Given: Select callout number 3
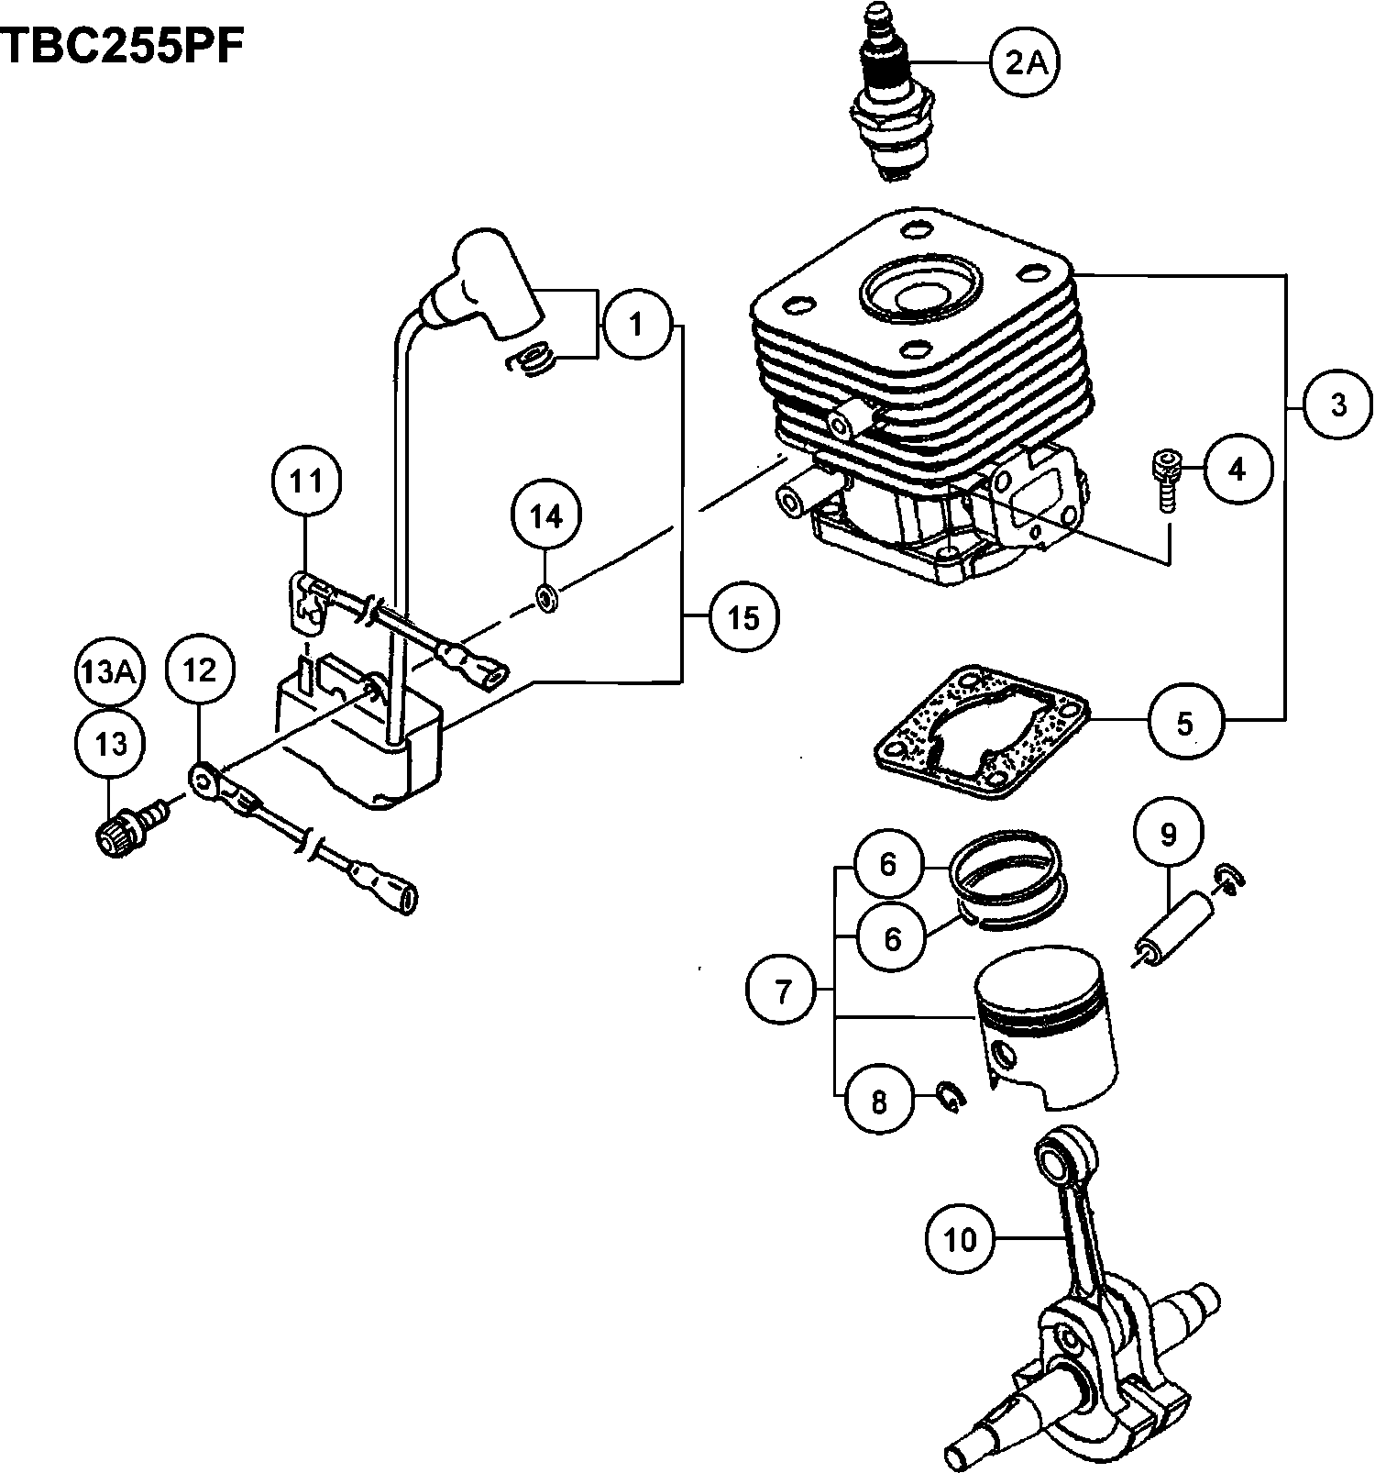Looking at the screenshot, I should pyautogui.click(x=1338, y=404).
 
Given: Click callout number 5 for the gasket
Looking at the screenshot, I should pyautogui.click(x=1184, y=723).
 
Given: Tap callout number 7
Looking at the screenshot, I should pyautogui.click(x=782, y=991).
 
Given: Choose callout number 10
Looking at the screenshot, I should pyautogui.click(x=961, y=1240).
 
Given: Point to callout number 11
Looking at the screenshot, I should pyautogui.click(x=307, y=481).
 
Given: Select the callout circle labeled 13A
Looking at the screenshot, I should pyautogui.click(x=105, y=671).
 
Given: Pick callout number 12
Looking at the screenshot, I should pyautogui.click(x=200, y=670).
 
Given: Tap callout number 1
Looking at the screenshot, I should pyautogui.click(x=636, y=324).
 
